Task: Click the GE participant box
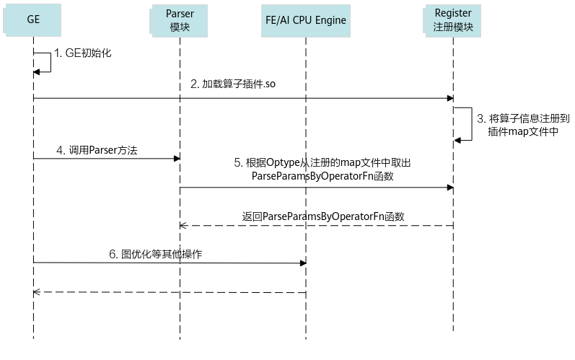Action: pos(32,20)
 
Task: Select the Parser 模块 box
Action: pos(179,20)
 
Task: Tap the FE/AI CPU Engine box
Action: pos(306,20)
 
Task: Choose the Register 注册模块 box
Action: pos(452,20)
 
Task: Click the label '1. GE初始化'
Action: pos(83,53)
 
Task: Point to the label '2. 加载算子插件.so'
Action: pos(233,84)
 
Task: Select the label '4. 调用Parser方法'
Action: pos(97,150)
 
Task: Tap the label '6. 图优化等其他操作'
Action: pos(156,254)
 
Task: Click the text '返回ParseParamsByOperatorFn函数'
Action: pos(323,216)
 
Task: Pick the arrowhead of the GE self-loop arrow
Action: pos(36,72)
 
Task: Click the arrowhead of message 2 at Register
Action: pos(450,98)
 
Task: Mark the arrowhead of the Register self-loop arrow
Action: pos(457,140)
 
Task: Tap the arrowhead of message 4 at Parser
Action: pos(177,159)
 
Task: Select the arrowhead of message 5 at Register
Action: pos(450,188)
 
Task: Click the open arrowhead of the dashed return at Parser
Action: pos(183,226)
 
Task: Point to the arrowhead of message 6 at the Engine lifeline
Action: pos(303,263)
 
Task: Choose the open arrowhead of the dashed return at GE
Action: pos(36,292)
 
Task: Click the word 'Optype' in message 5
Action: pos(283,163)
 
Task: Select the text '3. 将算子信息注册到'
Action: pos(523,118)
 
